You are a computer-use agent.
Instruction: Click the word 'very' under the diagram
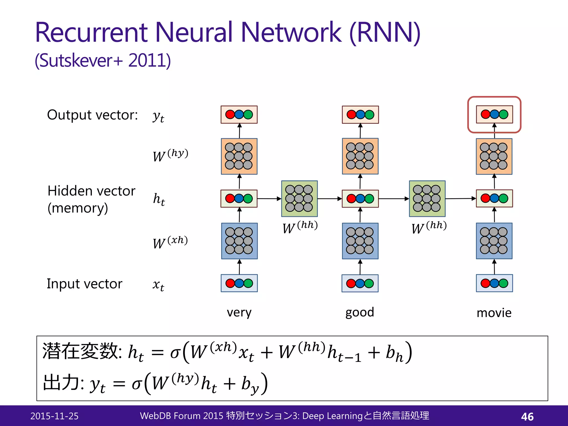point(239,313)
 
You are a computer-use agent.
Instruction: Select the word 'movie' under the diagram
point(494,313)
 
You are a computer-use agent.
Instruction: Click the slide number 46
point(527,417)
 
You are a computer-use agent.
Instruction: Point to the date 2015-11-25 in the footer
point(54,416)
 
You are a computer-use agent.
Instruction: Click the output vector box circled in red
point(494,114)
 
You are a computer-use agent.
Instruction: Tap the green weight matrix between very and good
point(299,199)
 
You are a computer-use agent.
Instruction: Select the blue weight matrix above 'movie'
point(494,241)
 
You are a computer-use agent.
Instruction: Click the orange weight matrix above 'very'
point(239,156)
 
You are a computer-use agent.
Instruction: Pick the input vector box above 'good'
point(360,283)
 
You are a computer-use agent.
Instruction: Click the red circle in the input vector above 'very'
point(230,283)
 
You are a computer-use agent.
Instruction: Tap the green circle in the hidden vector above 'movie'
point(503,198)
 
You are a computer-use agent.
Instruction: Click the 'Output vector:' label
point(92,115)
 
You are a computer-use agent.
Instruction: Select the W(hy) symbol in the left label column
point(170,155)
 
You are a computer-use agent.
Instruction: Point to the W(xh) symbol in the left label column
point(170,242)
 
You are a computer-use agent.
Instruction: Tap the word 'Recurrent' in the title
point(92,32)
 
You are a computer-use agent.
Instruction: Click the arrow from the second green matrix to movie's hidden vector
point(460,199)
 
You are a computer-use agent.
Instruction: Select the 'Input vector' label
point(84,284)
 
